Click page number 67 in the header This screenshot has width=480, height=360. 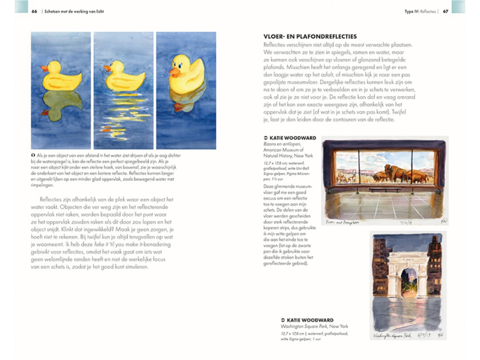pyautogui.click(x=445, y=12)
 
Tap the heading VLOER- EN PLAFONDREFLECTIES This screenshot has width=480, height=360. pyautogui.click(x=310, y=37)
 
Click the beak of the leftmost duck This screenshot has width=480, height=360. pyautogui.click(x=44, y=68)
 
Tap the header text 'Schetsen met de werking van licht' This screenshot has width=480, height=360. pyautogui.click(x=74, y=12)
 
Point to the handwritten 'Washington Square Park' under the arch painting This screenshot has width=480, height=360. pyautogui.click(x=392, y=336)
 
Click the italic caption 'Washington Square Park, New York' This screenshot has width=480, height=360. pyautogui.click(x=314, y=326)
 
